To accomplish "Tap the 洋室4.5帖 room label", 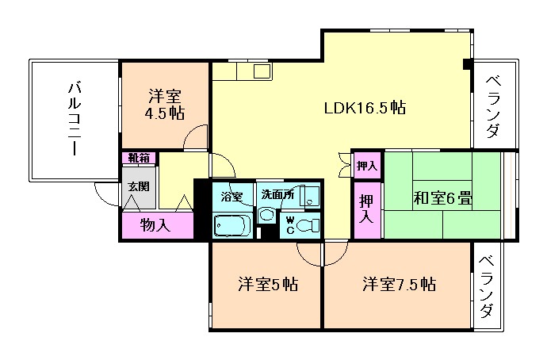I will click(164, 105).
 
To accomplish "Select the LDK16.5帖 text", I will click(365, 108).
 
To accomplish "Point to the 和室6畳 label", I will click(442, 198).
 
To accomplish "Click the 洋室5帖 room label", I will click(268, 284).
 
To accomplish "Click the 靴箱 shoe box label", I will click(139, 158).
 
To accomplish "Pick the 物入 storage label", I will click(155, 224).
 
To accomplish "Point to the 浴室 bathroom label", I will click(231, 195).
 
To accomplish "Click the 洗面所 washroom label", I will click(278, 195).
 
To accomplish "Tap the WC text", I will click(290, 224).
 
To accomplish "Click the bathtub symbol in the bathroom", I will click(231, 224).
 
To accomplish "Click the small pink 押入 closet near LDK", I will click(366, 165).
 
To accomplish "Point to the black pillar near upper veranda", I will click(468, 63).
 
